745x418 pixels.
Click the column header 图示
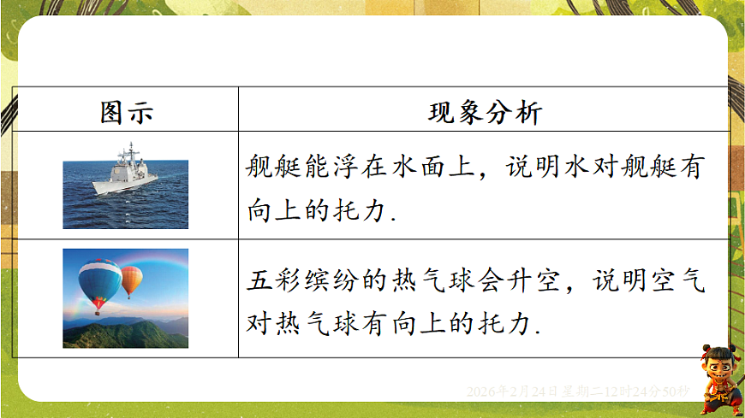point(126,112)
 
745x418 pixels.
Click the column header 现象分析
point(484,112)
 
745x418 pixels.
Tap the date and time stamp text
point(578,392)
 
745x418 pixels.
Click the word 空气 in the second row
point(677,282)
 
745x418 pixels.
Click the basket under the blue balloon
point(97,312)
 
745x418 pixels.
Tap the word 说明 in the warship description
point(532,168)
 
